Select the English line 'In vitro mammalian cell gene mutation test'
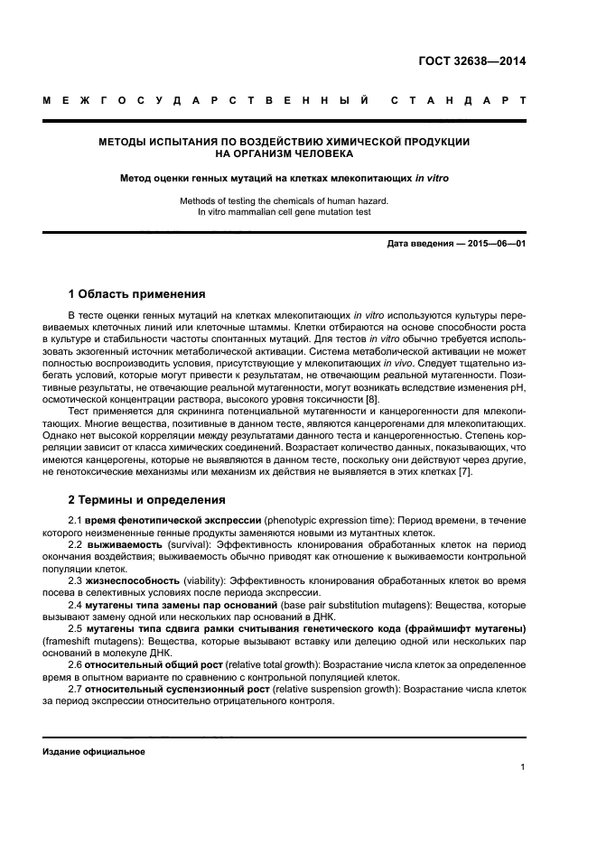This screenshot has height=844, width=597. (285, 212)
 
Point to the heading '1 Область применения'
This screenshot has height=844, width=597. (136, 294)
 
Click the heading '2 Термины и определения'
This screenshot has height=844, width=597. (147, 499)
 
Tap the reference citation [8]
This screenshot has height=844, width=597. (372, 400)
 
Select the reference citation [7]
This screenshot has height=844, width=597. (464, 472)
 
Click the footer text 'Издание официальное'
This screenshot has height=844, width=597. (94, 751)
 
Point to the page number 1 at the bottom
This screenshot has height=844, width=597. (523, 767)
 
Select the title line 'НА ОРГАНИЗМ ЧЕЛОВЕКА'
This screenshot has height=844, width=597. (285, 154)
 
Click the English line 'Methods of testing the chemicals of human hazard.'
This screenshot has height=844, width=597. (285, 200)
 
